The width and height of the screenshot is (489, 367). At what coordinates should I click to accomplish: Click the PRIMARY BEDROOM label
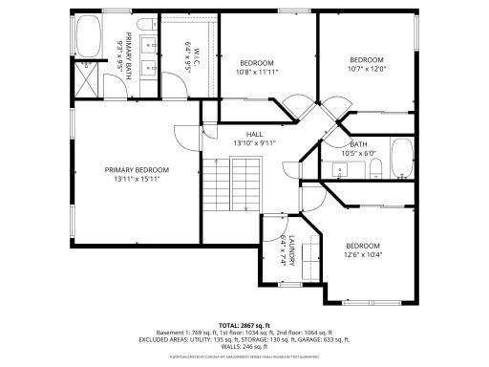(x=138, y=169)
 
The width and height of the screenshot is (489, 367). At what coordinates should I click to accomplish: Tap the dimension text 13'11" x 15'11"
(x=138, y=178)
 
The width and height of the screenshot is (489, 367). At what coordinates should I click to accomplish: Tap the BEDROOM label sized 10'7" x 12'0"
(x=366, y=59)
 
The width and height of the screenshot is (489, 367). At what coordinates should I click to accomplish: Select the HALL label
(x=254, y=134)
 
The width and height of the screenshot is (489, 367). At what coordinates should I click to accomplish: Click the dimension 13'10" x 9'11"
(x=254, y=142)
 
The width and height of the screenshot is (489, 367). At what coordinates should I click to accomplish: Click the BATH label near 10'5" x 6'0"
(x=358, y=144)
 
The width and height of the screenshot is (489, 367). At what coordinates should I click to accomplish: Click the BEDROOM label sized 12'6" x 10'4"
(x=363, y=246)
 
